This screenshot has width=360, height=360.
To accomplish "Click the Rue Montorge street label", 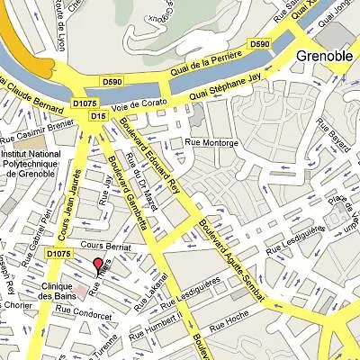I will click(x=211, y=142).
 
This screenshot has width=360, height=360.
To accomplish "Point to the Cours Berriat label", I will click(x=100, y=244).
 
